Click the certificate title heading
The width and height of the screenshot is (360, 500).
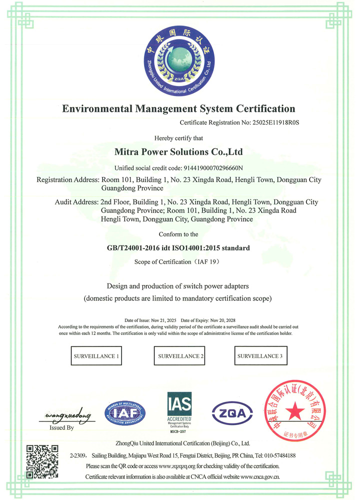178,108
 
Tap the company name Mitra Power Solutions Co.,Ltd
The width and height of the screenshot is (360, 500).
178,151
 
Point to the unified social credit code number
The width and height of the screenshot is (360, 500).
214,167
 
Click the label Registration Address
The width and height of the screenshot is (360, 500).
68,180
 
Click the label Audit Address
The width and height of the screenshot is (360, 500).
76,202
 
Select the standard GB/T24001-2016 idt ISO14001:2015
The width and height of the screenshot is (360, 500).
178,247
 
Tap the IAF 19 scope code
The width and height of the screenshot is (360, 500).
207,261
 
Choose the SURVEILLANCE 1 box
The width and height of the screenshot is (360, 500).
96,356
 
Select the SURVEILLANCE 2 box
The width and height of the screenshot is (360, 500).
180,356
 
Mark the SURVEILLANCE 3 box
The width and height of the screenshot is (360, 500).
260,356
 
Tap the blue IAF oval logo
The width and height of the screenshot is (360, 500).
125,413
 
